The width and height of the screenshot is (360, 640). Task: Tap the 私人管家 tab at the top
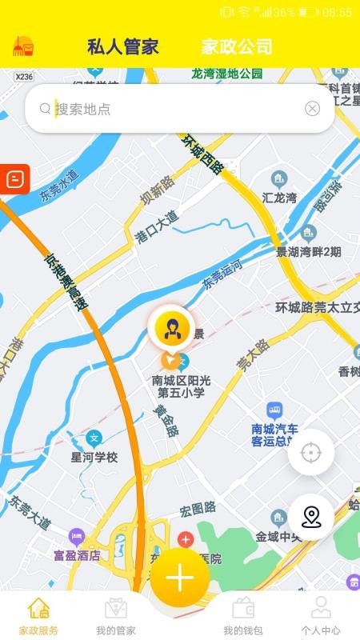pos(123,46)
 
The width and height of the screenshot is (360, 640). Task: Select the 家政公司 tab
pos(237,46)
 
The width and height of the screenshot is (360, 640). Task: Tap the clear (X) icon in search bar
pos(312,109)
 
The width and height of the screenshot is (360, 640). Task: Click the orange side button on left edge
pos(14,178)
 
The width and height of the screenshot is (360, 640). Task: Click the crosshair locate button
pos(310,453)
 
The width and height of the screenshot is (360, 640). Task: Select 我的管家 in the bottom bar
pos(116,615)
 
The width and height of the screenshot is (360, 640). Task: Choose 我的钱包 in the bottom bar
pos(243,615)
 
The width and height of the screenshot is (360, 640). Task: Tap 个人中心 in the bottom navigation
pos(321,615)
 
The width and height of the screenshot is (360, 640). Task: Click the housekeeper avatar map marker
pos(170,328)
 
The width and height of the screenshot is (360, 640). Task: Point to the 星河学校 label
pos(94,458)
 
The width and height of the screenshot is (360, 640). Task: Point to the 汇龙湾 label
pos(279,197)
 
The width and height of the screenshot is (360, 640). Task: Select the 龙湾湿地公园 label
pos(227,74)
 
